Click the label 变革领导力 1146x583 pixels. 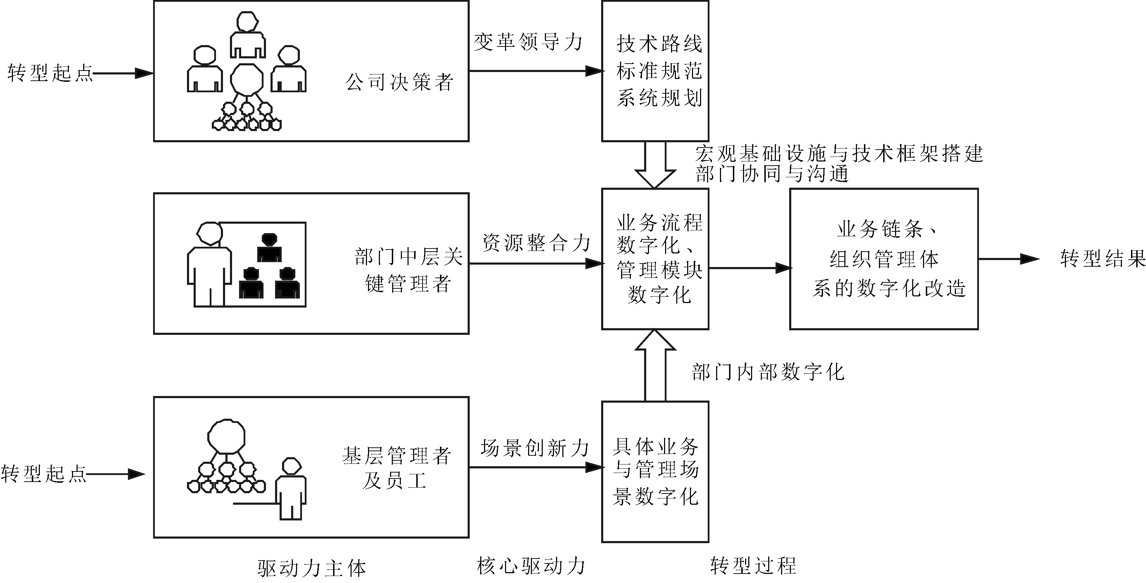528,43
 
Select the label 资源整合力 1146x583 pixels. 536,243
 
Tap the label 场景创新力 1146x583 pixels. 535,448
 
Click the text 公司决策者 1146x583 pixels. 399,82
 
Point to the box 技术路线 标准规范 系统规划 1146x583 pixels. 655,71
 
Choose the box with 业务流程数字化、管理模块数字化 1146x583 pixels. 655,259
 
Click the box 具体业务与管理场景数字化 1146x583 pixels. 655,472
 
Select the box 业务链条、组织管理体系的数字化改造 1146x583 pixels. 884,259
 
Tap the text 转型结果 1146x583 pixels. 1102,259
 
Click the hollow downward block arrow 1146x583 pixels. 655,165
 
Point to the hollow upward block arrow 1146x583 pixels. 655,365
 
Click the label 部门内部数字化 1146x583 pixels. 768,372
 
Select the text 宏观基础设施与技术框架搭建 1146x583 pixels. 839,154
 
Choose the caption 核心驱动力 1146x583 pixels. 531,566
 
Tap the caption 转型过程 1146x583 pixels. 753,566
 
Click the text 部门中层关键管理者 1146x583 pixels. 409,270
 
